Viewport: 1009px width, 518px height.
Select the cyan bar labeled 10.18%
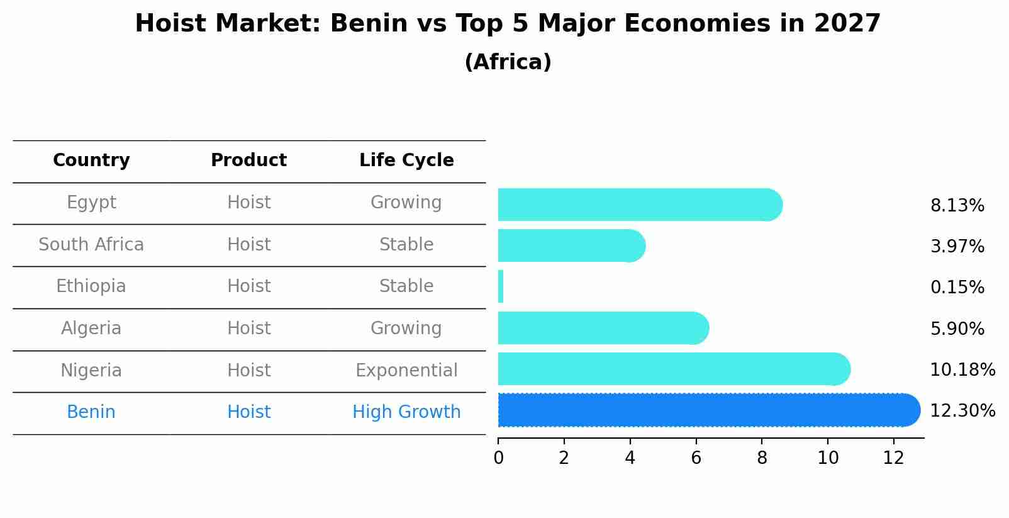click(673, 369)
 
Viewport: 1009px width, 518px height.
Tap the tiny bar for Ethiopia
click(501, 287)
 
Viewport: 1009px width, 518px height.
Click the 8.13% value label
click(957, 206)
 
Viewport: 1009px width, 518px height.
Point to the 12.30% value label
click(962, 411)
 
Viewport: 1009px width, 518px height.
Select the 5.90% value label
click(957, 329)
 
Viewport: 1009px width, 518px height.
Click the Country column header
click(91, 160)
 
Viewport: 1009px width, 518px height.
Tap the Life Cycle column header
click(406, 160)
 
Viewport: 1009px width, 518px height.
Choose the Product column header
click(248, 160)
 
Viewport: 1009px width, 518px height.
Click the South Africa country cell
click(91, 244)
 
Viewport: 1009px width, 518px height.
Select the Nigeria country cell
click(91, 370)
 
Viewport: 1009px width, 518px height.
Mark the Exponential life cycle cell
click(406, 370)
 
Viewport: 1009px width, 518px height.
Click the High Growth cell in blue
click(406, 412)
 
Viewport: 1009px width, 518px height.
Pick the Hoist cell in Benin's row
click(248, 412)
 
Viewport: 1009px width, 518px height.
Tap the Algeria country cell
click(91, 329)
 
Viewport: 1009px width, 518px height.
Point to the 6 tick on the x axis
click(696, 458)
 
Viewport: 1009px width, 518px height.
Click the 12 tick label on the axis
click(893, 458)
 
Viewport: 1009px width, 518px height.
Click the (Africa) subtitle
click(508, 62)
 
